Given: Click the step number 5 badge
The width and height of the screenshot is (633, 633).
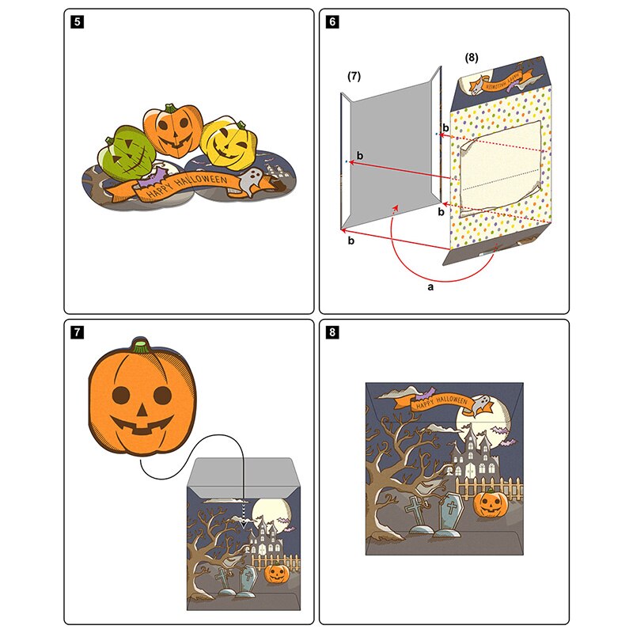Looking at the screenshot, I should tap(77, 22).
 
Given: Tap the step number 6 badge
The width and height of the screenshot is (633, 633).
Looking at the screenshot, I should tap(332, 22).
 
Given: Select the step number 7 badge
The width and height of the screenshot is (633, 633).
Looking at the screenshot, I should tap(77, 332).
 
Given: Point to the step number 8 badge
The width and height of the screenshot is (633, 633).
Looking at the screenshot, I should tap(332, 332).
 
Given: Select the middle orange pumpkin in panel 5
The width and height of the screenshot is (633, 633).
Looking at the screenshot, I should tap(174, 129).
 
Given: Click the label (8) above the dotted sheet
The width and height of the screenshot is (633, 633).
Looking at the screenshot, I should tap(472, 57).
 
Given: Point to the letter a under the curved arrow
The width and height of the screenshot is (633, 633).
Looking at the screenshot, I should tap(430, 288).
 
